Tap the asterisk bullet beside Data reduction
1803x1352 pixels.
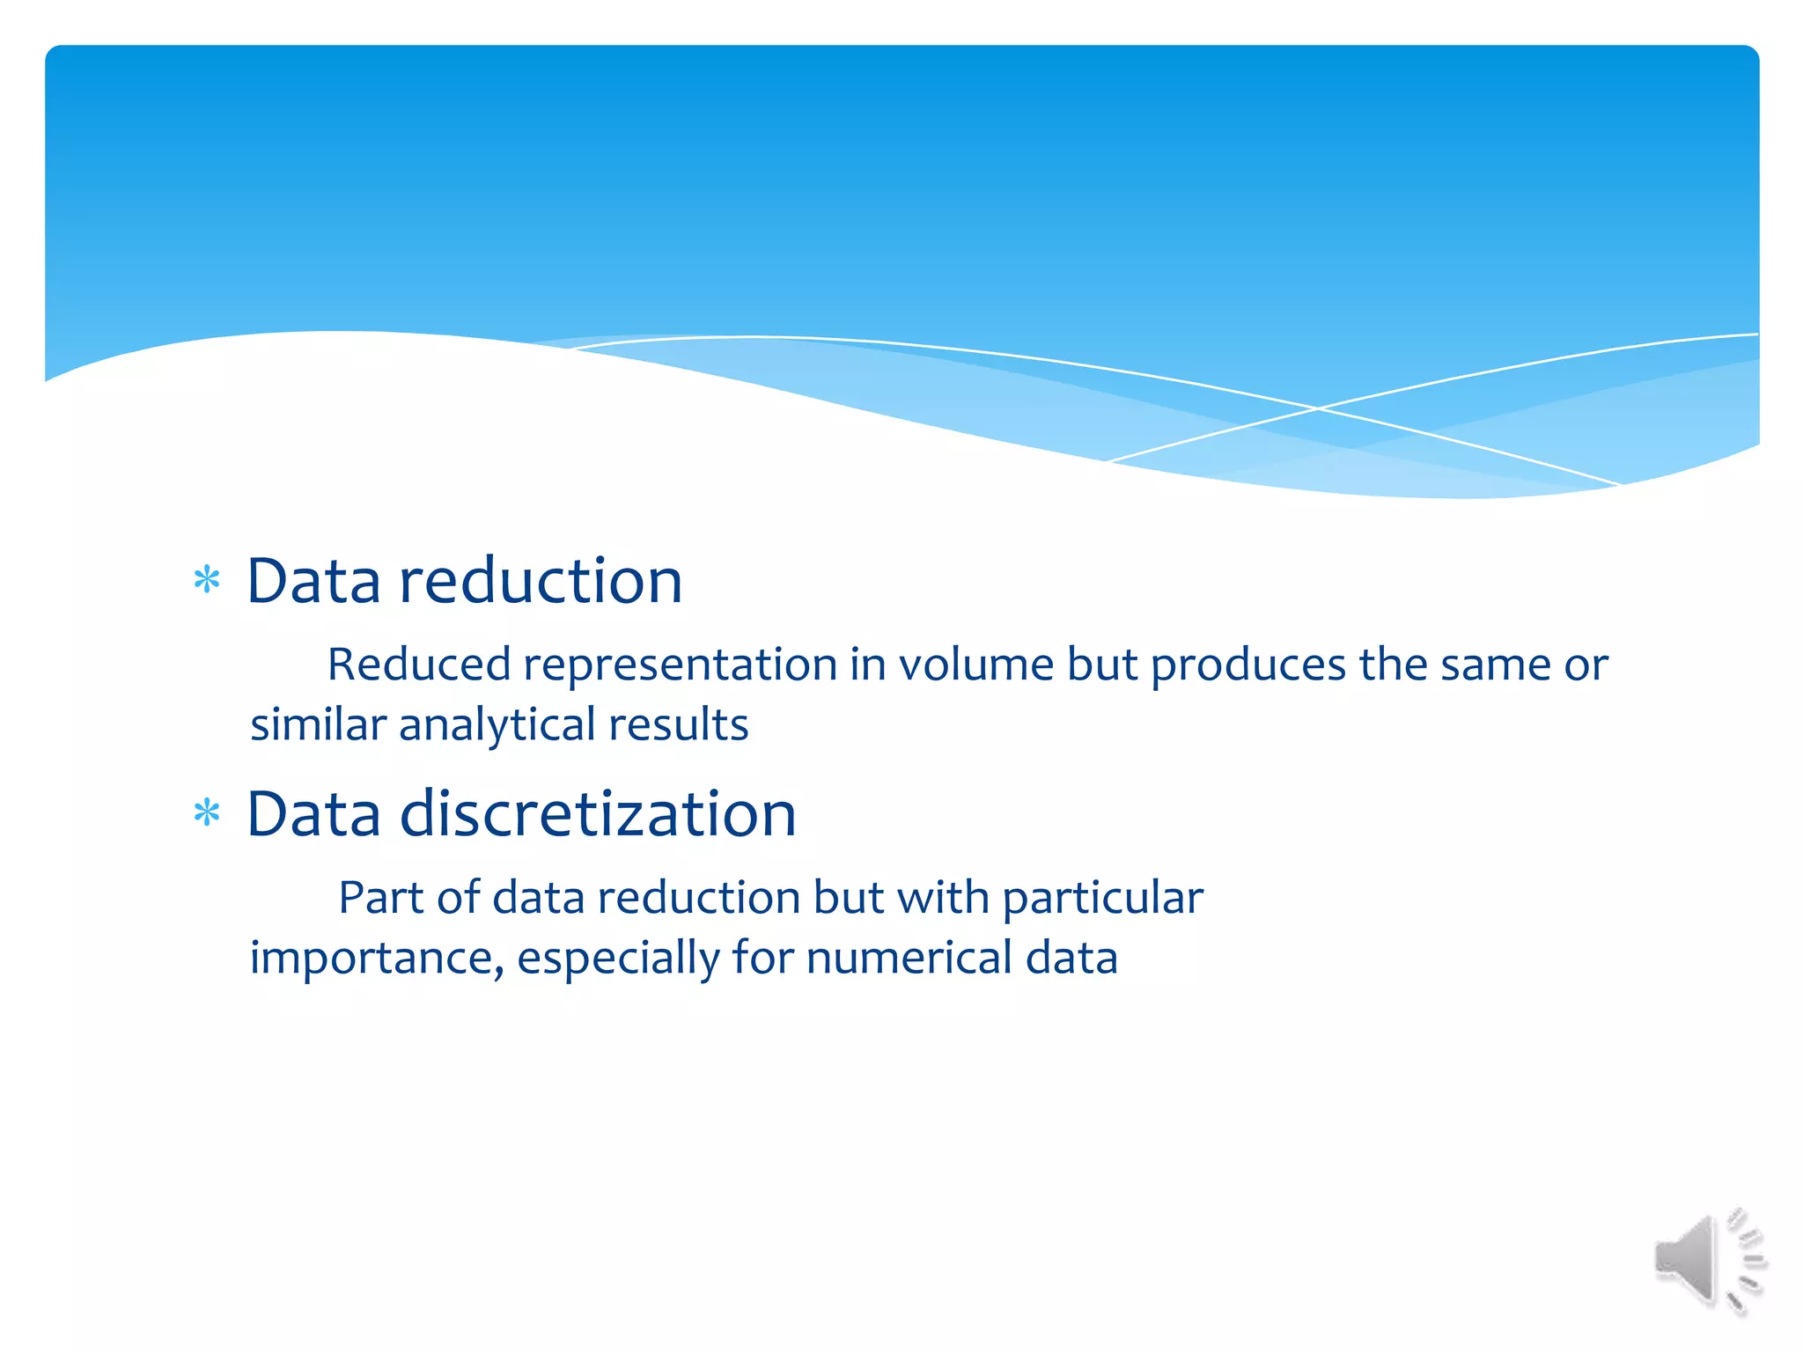click(x=207, y=581)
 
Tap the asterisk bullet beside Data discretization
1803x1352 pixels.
click(x=207, y=813)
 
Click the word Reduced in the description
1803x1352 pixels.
click(x=419, y=664)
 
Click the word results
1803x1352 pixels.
click(x=678, y=724)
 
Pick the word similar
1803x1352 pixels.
click(x=318, y=724)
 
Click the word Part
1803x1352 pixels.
click(x=381, y=897)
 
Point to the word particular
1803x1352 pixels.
click(x=1102, y=899)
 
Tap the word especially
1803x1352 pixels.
click(x=618, y=958)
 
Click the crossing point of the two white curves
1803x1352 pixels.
click(x=1318, y=408)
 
